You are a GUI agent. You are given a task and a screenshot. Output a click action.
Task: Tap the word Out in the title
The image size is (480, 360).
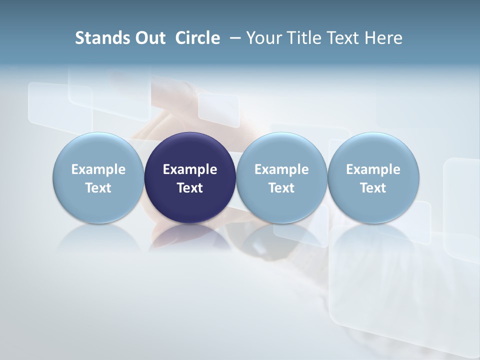[150, 38]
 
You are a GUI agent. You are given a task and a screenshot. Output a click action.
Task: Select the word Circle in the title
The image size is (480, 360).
[197, 38]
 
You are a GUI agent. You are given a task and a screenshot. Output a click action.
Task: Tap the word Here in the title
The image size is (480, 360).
[383, 38]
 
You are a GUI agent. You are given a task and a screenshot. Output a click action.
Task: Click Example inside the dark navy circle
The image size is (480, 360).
[190, 169]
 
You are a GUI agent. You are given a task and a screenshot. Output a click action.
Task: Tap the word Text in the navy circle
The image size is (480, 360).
[190, 188]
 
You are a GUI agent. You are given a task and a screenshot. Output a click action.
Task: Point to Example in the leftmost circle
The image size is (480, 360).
[98, 169]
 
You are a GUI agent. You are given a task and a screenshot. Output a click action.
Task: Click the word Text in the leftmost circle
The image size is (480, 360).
[98, 188]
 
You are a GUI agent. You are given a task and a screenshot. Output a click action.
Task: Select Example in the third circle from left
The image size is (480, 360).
[281, 169]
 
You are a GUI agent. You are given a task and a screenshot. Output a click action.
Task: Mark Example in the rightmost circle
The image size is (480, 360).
[373, 169]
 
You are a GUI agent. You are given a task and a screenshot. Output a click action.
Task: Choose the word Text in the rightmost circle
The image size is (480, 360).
[373, 188]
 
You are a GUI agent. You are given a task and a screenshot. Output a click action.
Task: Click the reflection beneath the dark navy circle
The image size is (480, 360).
[190, 237]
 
